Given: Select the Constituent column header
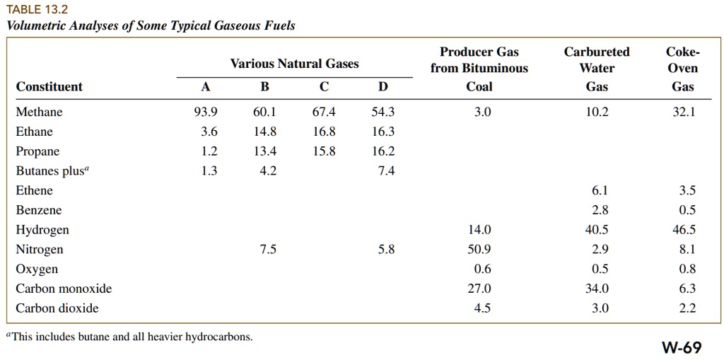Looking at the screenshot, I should click(49, 87).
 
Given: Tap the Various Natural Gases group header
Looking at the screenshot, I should click(294, 64).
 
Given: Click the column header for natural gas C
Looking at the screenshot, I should click(324, 87).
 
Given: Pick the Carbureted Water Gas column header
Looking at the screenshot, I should click(597, 69).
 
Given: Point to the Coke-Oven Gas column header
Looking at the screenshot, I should click(682, 69).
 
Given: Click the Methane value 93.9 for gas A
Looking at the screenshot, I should click(205, 112).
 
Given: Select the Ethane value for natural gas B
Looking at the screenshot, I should click(264, 132).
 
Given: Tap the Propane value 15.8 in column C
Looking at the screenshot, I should click(324, 151).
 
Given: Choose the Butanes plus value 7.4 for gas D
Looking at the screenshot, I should click(387, 171).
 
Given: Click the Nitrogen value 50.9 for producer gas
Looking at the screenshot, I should click(479, 250).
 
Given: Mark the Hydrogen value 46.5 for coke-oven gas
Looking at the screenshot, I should click(684, 230).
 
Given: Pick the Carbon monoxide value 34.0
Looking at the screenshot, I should click(597, 289).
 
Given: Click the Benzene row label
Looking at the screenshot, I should click(39, 210).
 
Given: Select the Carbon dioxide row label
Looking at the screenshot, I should click(57, 308).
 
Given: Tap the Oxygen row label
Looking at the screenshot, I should click(37, 269).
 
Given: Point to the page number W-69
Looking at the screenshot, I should click(682, 347).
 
